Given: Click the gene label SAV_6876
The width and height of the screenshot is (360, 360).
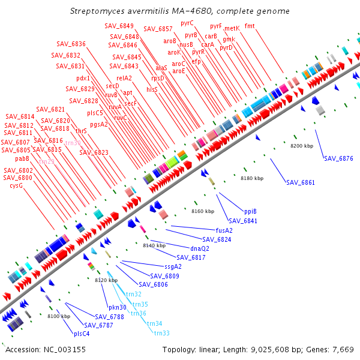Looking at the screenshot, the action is click(x=338, y=158).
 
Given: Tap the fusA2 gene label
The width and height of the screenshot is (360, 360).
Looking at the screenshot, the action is click(x=224, y=230).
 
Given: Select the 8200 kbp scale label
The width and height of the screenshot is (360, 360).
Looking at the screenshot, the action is click(x=302, y=146).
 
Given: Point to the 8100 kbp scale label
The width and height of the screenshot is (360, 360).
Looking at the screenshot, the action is click(x=59, y=316).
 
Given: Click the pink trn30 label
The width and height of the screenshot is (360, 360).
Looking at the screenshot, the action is click(x=73, y=143).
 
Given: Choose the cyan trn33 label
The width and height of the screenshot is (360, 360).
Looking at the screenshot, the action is click(x=161, y=333).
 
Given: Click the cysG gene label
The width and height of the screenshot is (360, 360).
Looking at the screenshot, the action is click(x=16, y=185).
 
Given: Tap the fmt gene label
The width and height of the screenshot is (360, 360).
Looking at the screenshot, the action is click(x=250, y=26).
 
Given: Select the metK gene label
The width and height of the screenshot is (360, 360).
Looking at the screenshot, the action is click(x=232, y=28).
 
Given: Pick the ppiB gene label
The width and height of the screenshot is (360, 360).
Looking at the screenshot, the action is click(x=250, y=211).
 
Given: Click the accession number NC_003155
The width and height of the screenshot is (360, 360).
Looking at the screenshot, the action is click(x=65, y=349).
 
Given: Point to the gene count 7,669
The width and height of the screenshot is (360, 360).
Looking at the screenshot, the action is click(x=343, y=349).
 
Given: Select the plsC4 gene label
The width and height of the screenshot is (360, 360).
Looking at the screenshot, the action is click(x=82, y=334).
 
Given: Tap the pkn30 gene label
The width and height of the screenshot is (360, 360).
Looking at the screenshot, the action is click(x=118, y=307).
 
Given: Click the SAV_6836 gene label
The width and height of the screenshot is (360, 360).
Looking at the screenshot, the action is click(x=71, y=44).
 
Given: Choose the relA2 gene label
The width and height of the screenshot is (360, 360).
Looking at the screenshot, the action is click(x=124, y=78).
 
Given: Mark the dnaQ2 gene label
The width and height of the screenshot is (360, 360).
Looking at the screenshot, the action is click(x=200, y=248).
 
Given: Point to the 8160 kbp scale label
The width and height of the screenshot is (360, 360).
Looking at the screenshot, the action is click(x=203, y=211).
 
